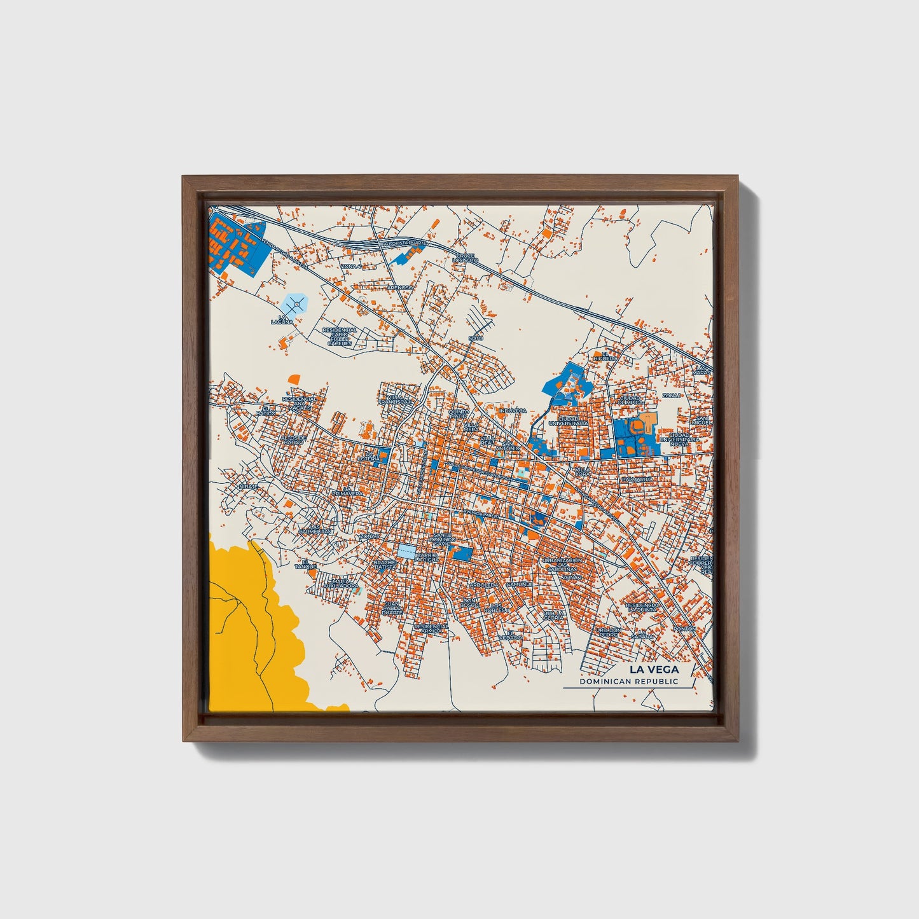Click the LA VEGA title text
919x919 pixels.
[x=654, y=669]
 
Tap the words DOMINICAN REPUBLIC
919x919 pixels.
[x=628, y=682]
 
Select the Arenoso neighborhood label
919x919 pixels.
[x=400, y=287]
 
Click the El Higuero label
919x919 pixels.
[x=605, y=356]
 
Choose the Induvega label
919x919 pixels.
[x=513, y=411]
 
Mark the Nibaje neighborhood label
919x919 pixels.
[x=248, y=487]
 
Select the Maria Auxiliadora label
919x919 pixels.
[x=341, y=583]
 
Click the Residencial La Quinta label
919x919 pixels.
[x=644, y=607]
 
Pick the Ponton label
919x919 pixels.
[x=685, y=628]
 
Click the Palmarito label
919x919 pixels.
[x=637, y=479]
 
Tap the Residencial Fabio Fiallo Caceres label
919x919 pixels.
[x=340, y=336]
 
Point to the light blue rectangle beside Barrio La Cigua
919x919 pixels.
[x=405, y=551]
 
